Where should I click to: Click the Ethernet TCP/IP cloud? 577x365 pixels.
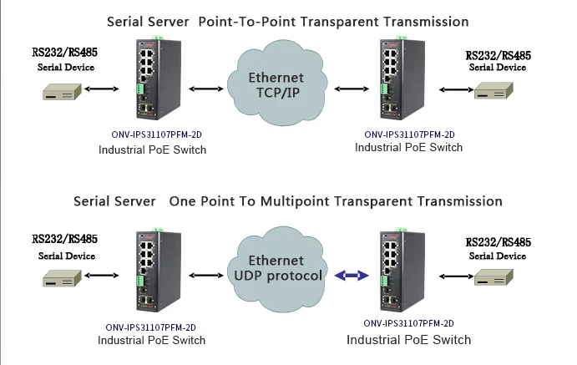click(x=279, y=86)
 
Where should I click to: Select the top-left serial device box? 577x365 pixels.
click(x=62, y=91)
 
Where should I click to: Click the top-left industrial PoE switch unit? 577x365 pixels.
click(x=152, y=79)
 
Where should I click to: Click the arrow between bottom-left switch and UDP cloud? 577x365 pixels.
click(x=204, y=275)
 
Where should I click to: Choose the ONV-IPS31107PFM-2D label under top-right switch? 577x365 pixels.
click(x=409, y=134)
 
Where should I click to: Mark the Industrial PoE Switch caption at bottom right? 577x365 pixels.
click(x=409, y=340)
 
